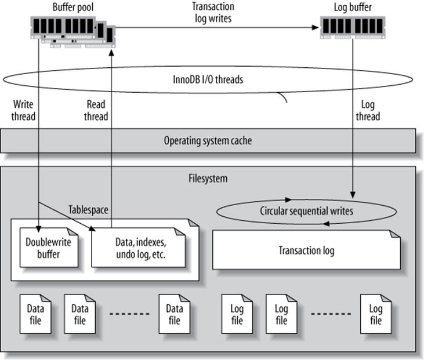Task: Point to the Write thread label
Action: pyautogui.click(x=24, y=110)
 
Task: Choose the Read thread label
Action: pyautogui.click(x=96, y=110)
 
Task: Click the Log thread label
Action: pyautogui.click(x=368, y=110)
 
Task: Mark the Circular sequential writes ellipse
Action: pyautogui.click(x=306, y=211)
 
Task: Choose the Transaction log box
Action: pyautogui.click(x=306, y=251)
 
